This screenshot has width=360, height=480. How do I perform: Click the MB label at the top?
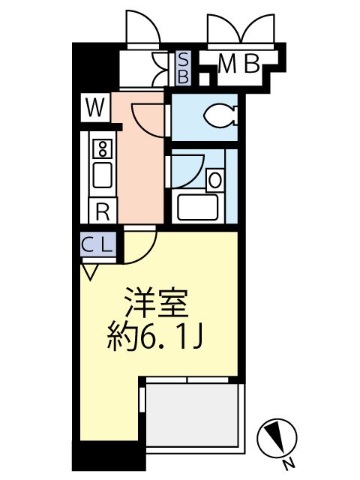pos(238,66)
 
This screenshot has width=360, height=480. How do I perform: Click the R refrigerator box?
pos(103,211)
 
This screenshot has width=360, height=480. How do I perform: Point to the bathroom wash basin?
pos(214,180)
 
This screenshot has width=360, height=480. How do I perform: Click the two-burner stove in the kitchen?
pos(102,147)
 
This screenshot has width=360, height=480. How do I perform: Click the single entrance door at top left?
pos(142,30)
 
